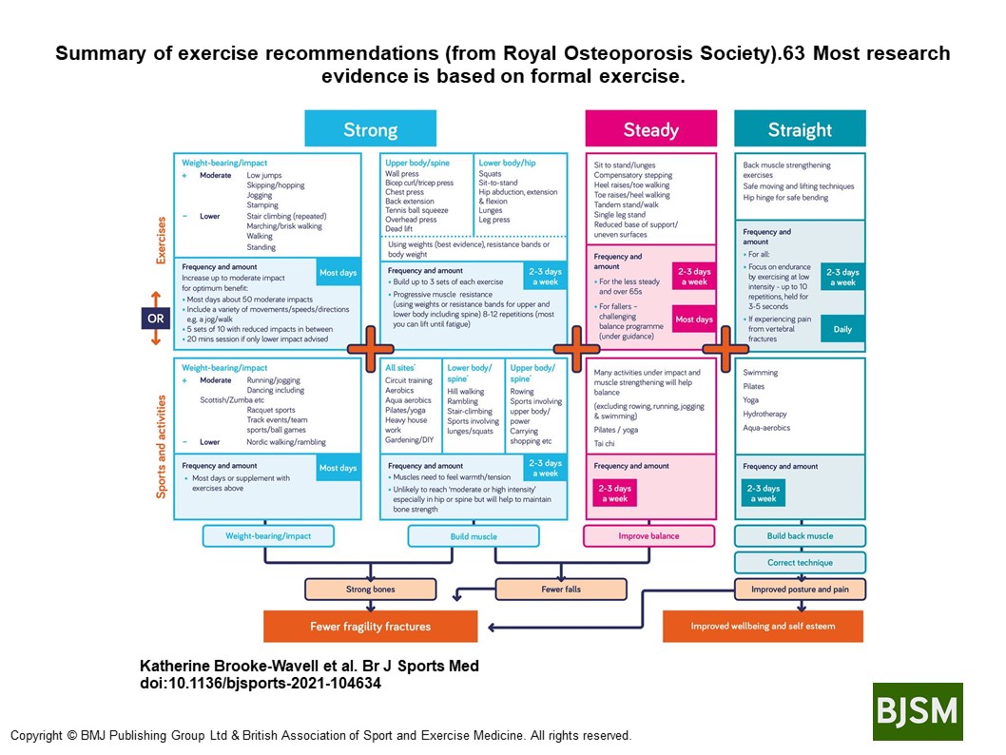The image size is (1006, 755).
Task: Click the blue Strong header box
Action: tap(370, 129)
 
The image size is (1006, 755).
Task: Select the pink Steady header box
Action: tap(650, 129)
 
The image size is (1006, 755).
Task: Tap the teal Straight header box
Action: tap(799, 129)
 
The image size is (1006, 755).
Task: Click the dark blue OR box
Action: tap(155, 318)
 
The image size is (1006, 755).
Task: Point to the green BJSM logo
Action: tap(917, 711)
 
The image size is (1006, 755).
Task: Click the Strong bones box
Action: tap(370, 590)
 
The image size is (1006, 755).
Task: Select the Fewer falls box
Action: tap(561, 590)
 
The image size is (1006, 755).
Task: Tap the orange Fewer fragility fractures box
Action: tap(370, 627)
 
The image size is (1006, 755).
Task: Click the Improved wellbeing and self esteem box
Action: tap(763, 627)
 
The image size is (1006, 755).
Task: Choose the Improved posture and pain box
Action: tap(800, 590)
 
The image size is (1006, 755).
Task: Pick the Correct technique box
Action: tap(800, 562)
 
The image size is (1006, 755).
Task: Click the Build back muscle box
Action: tap(800, 536)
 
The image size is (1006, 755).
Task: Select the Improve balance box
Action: tap(649, 536)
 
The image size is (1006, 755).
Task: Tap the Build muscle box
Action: tap(474, 536)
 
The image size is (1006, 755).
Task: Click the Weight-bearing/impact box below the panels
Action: tap(267, 536)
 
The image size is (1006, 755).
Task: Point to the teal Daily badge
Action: tap(842, 329)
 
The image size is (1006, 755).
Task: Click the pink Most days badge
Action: tap(693, 319)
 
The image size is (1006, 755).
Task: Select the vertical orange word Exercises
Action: tap(163, 239)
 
